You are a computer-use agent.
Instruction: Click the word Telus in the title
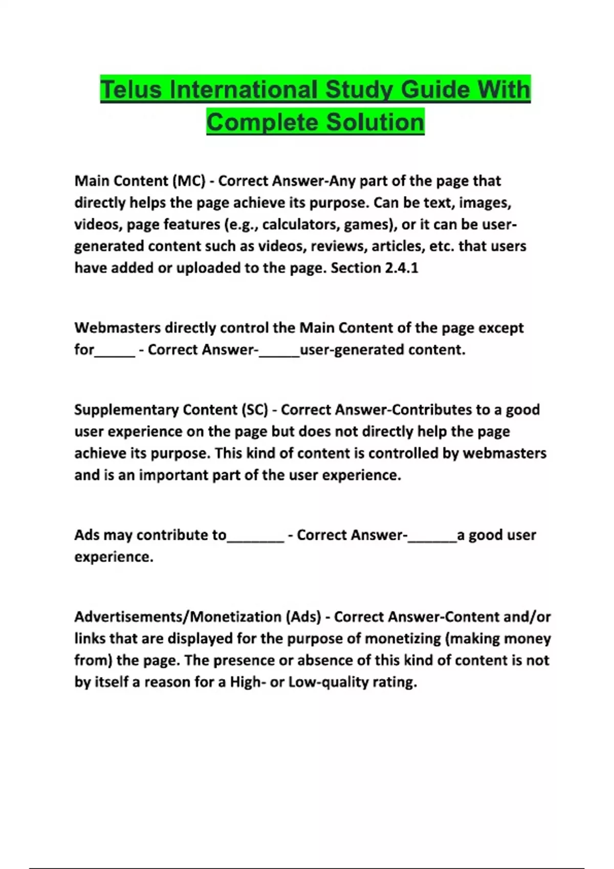pos(131,89)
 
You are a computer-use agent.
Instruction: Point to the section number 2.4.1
pos(401,268)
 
